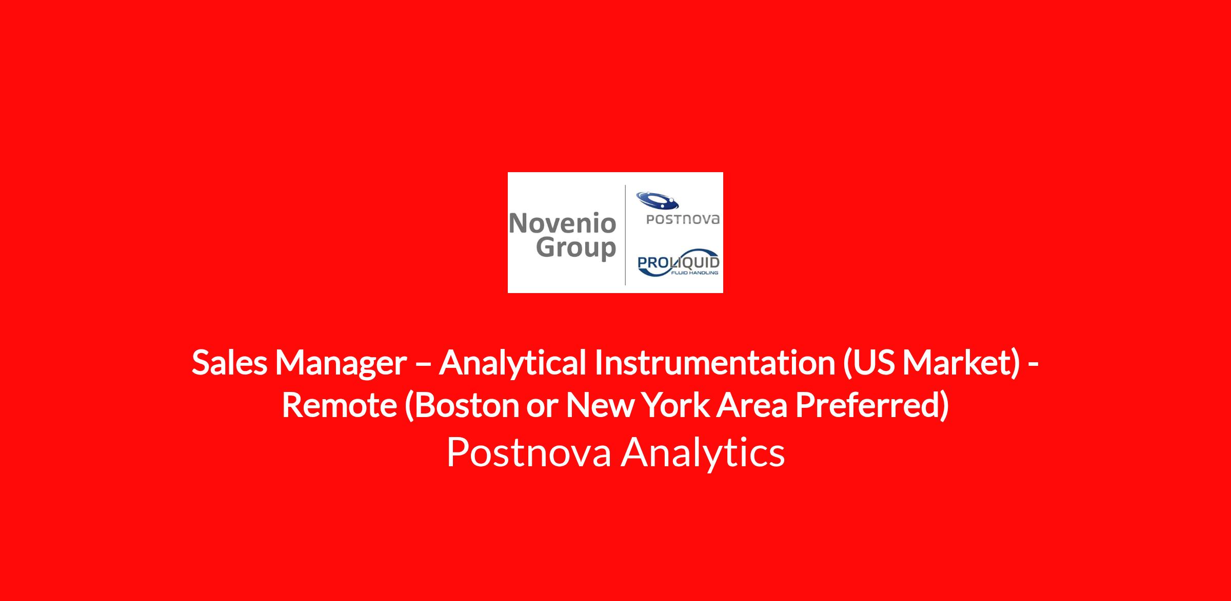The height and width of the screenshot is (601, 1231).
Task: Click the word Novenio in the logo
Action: (563, 223)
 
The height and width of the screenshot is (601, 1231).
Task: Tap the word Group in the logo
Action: (576, 248)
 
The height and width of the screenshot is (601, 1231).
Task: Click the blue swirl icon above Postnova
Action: (657, 200)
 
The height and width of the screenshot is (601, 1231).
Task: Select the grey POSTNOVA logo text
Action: (683, 219)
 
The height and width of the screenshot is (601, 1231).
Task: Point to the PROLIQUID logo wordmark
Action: (678, 263)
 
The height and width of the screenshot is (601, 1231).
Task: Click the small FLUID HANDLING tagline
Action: (694, 273)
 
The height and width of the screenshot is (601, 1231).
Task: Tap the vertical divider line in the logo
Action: (625, 235)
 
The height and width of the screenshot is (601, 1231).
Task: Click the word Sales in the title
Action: (229, 362)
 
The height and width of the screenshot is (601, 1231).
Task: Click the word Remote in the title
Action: (340, 405)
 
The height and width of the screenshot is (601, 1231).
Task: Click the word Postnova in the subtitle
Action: (529, 452)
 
